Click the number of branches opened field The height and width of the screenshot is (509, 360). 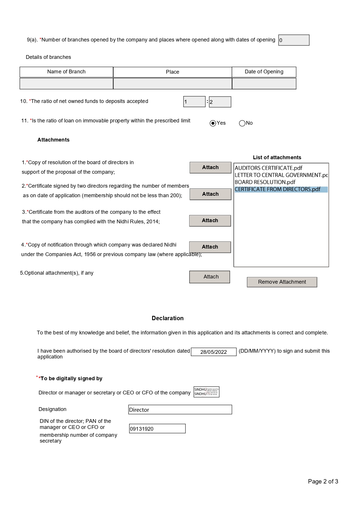(294, 40)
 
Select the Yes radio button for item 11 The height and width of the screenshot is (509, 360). (213, 123)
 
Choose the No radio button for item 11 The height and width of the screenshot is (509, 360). (242, 123)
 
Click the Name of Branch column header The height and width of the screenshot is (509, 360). (66, 72)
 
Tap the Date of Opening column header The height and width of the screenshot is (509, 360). (264, 72)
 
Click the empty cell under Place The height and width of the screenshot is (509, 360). (173, 84)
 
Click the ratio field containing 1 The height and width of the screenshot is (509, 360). (194, 102)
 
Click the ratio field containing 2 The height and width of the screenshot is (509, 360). (220, 102)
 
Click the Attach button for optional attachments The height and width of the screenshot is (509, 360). (209, 277)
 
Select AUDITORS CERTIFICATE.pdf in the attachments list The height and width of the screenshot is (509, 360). (268, 168)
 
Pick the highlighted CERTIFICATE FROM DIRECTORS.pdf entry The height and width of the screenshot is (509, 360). (278, 189)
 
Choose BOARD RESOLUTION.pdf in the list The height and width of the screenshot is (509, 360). (265, 182)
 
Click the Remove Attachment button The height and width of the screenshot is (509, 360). (282, 282)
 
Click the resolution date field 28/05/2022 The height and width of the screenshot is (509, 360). (214, 352)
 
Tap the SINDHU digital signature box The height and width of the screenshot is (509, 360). (206, 392)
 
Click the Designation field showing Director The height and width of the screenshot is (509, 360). (180, 410)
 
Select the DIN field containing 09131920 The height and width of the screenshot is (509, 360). (157, 429)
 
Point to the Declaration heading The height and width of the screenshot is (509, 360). (167, 318)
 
